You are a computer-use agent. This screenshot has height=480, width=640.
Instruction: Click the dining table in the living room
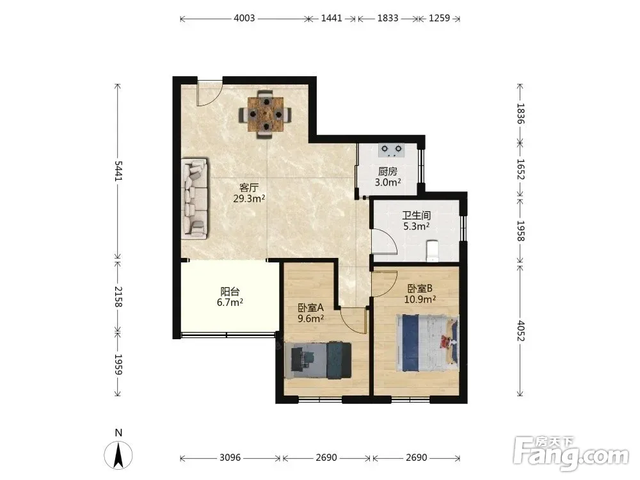point(266,115)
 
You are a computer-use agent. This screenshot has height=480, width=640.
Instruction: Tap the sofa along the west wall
point(195,198)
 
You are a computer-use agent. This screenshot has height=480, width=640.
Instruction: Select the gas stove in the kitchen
point(391,150)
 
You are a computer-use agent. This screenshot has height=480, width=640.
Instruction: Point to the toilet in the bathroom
point(432,251)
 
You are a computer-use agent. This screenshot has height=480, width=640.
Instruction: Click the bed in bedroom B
point(427,343)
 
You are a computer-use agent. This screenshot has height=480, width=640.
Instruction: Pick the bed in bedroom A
point(318,360)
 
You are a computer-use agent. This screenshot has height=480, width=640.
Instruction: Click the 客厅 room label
point(248,188)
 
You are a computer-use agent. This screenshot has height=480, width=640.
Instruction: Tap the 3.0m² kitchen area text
point(388,182)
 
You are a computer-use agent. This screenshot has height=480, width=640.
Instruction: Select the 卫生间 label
point(417,215)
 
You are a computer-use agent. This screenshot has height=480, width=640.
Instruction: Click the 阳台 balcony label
point(230,291)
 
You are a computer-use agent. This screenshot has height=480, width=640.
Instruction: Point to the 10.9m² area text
point(420,299)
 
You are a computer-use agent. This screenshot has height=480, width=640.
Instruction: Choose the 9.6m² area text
point(311,318)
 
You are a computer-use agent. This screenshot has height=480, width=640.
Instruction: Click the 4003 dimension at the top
point(244,18)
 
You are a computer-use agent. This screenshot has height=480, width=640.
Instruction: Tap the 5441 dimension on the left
point(118,171)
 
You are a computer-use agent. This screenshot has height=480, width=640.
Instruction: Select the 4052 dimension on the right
point(520,331)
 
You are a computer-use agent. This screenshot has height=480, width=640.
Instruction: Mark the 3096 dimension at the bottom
point(230,458)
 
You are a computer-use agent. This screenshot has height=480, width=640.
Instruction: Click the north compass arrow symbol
point(118,454)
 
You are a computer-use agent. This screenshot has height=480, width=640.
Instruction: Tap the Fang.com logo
point(571,453)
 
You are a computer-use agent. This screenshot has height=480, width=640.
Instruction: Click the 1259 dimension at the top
point(439,18)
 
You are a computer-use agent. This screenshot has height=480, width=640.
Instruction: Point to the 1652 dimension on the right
point(520,169)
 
